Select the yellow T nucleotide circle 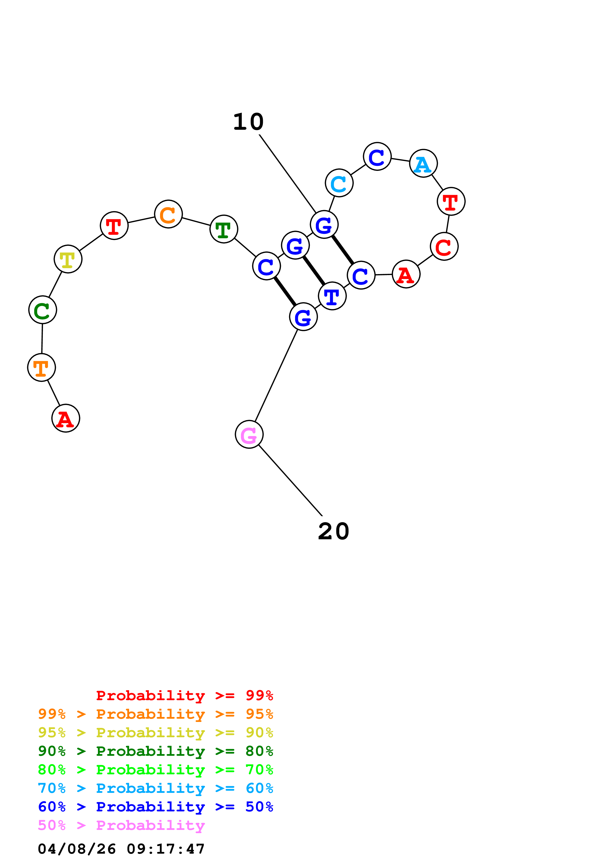click(68, 259)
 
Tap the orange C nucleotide click(168, 214)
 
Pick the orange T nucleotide click(42, 368)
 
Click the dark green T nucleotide click(224, 229)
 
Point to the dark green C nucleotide click(43, 310)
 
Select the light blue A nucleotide click(423, 164)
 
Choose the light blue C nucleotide click(339, 183)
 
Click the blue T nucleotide click(332, 296)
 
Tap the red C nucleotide click(444, 247)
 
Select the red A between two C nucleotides click(406, 274)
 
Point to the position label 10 click(248, 122)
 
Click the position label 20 click(334, 531)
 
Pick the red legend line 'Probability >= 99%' click(184, 695)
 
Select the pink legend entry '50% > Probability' click(121, 825)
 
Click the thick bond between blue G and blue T click(314, 271)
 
